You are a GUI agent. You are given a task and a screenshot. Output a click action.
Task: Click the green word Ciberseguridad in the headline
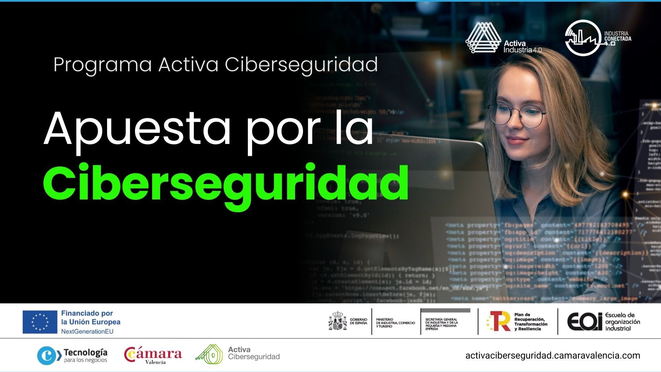click(x=225, y=183)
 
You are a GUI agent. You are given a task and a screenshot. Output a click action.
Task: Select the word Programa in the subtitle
click(x=103, y=64)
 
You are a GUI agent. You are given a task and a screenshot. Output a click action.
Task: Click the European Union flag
click(x=40, y=322)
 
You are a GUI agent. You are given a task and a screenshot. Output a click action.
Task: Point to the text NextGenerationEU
click(x=87, y=331)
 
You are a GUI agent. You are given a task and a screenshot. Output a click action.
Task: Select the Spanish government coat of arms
click(x=338, y=321)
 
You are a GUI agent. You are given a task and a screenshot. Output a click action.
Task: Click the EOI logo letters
click(x=585, y=322)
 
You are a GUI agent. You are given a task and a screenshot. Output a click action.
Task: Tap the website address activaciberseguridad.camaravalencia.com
click(x=553, y=355)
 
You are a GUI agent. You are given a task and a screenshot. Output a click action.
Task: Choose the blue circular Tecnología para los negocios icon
click(x=47, y=355)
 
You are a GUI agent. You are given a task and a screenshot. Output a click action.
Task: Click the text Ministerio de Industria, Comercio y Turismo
click(x=395, y=323)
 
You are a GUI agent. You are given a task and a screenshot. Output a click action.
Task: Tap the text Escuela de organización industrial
click(x=622, y=322)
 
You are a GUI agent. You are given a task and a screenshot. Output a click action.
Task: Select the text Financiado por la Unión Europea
click(x=91, y=318)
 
